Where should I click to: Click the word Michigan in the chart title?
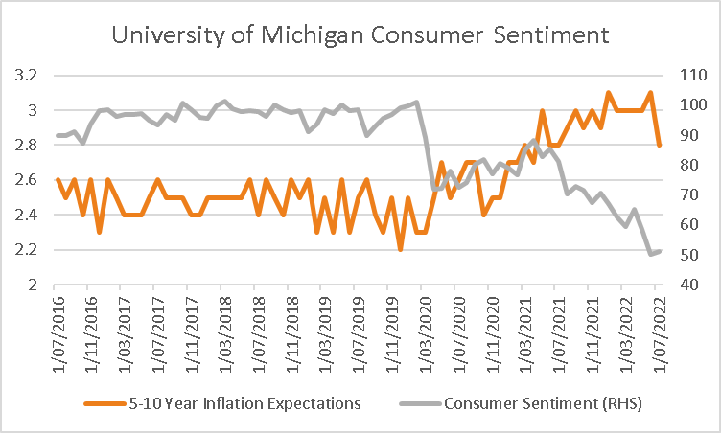[x=313, y=35]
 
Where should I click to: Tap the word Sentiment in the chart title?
[x=551, y=34]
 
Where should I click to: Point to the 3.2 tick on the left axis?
[x=25, y=75]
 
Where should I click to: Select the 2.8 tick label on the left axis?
[x=25, y=145]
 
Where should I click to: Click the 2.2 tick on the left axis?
[x=25, y=250]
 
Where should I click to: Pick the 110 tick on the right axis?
[x=693, y=75]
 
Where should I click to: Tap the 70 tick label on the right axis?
[x=688, y=194]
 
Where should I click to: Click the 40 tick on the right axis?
[x=688, y=285]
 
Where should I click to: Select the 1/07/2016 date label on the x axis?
[x=58, y=334]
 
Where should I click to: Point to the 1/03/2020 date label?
[x=427, y=334]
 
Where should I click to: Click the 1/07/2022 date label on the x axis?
[x=661, y=334]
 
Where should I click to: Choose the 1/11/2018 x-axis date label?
[x=293, y=334]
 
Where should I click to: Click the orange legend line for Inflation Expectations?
[x=105, y=404]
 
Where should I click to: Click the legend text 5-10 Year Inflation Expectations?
[x=244, y=403]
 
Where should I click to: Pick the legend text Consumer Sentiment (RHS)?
[x=543, y=403]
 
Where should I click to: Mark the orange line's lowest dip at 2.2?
[x=400, y=250]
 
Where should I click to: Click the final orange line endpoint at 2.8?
[x=659, y=145]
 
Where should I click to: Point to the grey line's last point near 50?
[x=660, y=251]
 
